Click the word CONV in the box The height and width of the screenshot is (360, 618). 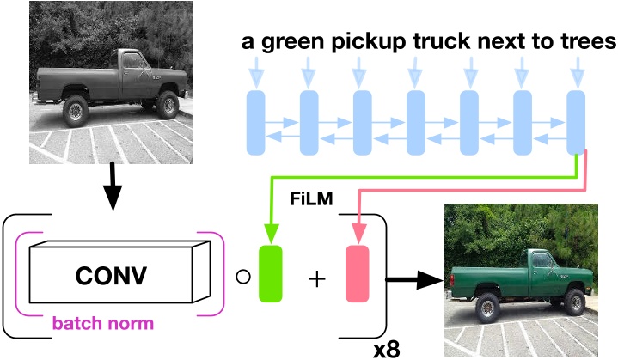pos(111,275)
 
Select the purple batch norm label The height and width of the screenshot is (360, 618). pos(103,323)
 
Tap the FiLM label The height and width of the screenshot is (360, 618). pos(311,198)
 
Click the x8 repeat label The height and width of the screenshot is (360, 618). pos(387,350)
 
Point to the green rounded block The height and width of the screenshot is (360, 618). pos(271,274)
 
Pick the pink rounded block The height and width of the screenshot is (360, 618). pos(358,274)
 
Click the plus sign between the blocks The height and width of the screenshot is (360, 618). pos(317,279)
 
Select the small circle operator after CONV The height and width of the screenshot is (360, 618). pos(243,277)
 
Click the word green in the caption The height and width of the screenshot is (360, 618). pos(294,42)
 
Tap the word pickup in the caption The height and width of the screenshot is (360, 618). pos(368,42)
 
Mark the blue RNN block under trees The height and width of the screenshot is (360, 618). pos(576,123)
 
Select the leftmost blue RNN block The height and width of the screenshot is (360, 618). pos(256,123)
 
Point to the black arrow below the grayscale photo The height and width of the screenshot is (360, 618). pos(113,186)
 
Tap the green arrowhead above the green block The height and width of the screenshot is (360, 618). pos(271,233)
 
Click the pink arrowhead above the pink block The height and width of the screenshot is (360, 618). pos(358,233)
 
